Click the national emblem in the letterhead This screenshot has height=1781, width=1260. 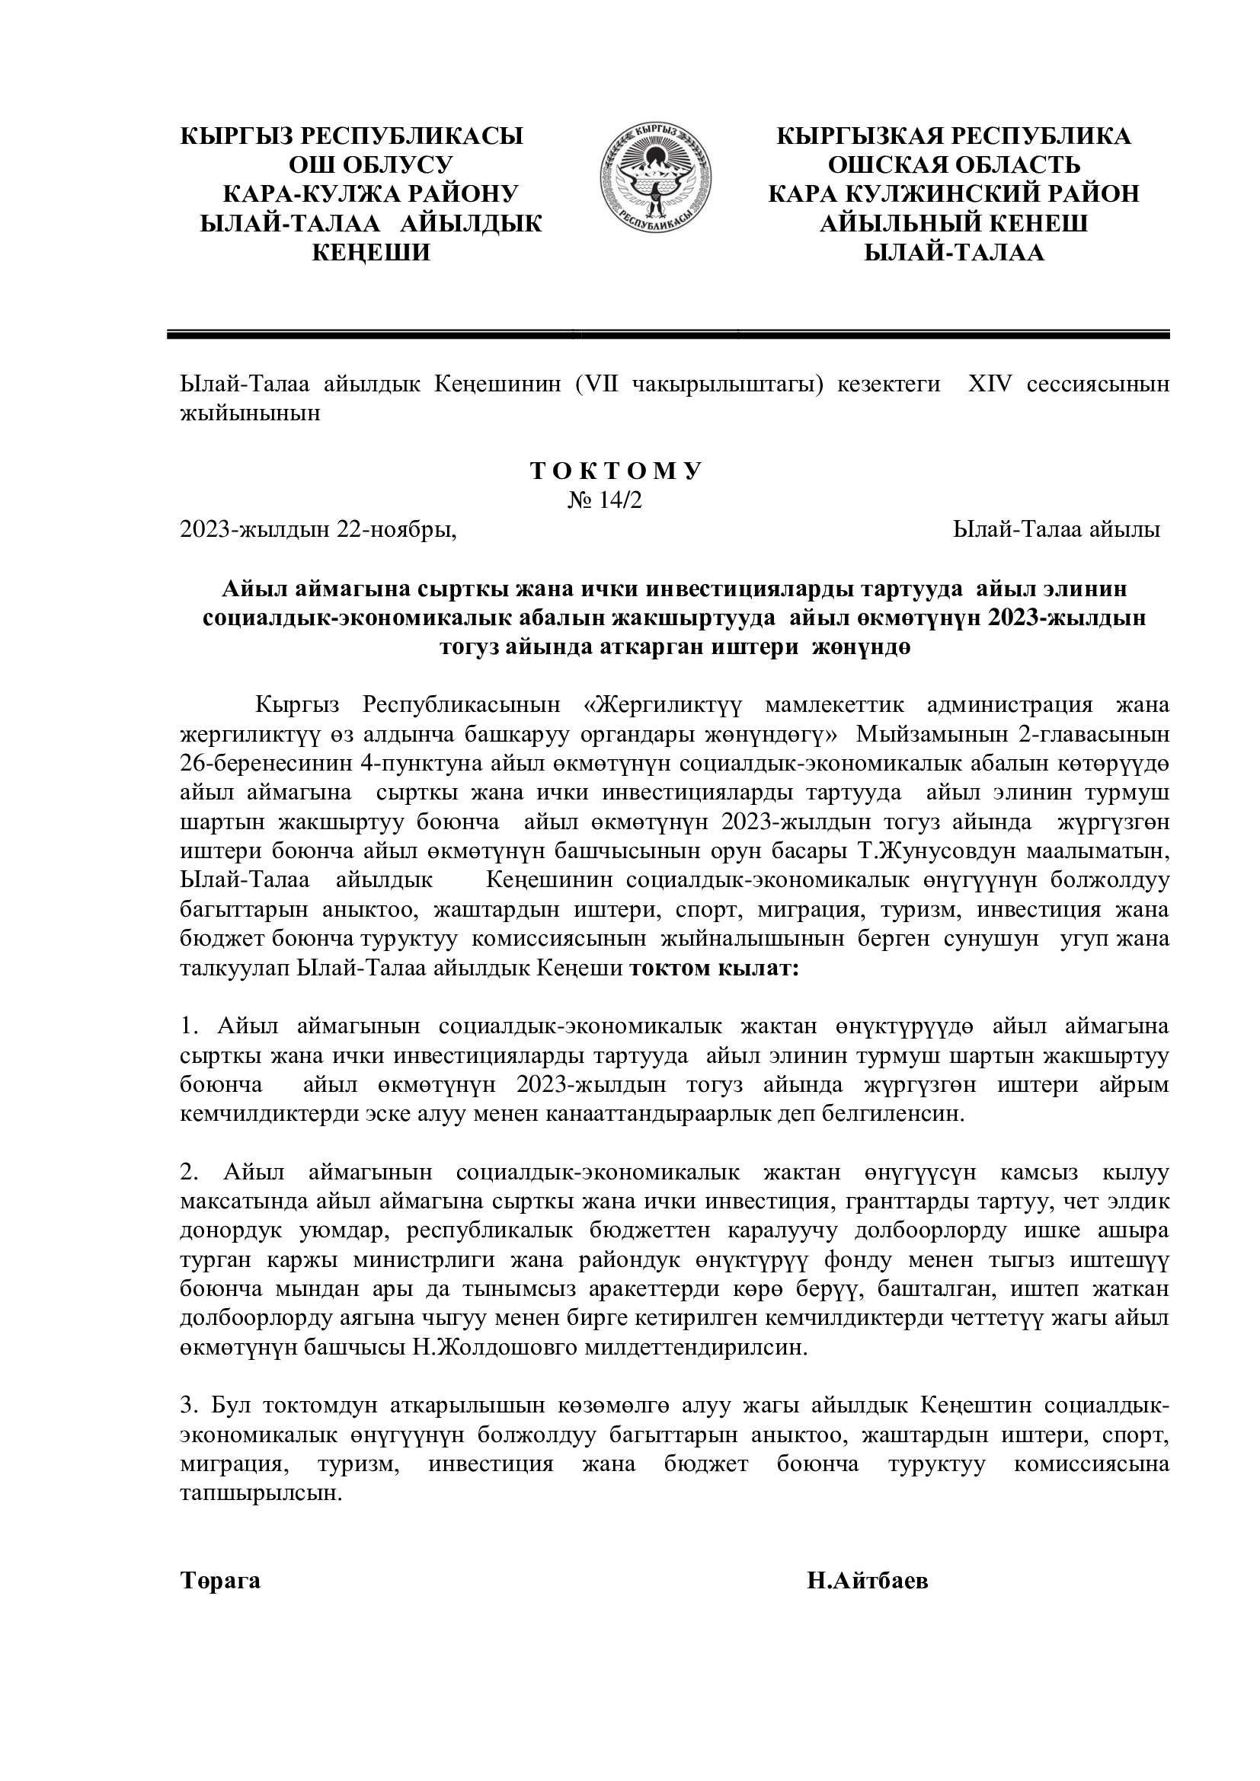click(656, 181)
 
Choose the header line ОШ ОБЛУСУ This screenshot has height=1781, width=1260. click(371, 165)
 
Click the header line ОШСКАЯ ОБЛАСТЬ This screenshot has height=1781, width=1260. click(954, 165)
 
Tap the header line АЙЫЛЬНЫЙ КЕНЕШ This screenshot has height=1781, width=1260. click(954, 223)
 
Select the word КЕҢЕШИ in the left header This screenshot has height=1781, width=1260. click(371, 253)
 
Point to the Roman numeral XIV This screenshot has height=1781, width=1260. click(990, 385)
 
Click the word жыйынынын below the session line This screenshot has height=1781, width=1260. click(250, 413)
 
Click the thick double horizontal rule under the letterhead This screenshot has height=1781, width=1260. click(668, 334)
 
